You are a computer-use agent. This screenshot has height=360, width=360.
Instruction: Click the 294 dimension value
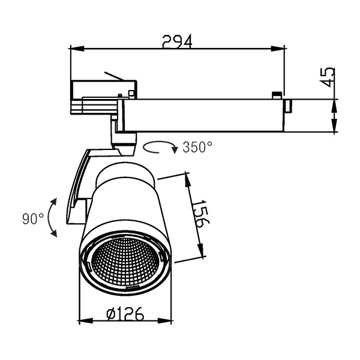click(177, 41)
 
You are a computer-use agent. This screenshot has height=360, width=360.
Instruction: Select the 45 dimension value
click(327, 77)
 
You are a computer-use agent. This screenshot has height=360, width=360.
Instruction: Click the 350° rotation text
click(197, 147)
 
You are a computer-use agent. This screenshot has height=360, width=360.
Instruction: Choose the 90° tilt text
click(33, 218)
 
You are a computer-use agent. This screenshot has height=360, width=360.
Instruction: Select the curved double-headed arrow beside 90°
click(52, 217)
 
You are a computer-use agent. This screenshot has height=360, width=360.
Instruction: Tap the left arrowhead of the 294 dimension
click(77, 49)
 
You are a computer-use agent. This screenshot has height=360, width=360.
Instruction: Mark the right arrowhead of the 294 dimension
click(278, 49)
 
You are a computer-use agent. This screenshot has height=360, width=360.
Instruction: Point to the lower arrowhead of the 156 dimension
click(200, 250)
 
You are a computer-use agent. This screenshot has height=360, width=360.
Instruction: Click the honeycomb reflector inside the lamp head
click(125, 261)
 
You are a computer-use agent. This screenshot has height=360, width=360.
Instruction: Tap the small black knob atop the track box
click(277, 95)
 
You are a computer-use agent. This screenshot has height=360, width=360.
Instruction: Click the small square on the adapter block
click(131, 93)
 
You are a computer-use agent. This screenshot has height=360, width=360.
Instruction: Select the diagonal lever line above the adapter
click(114, 76)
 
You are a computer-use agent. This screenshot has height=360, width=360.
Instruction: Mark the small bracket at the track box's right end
click(289, 106)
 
